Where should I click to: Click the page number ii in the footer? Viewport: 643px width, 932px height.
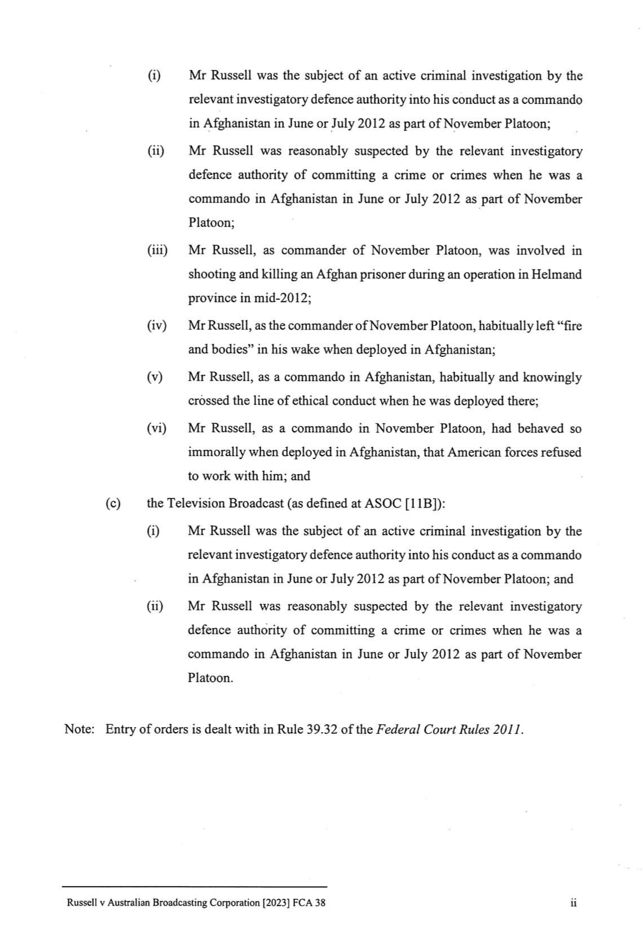tap(573, 903)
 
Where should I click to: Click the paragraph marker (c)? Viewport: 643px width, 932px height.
tap(113, 503)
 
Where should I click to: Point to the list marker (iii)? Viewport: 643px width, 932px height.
tap(158, 250)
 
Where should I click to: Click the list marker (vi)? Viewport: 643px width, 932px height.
tap(157, 428)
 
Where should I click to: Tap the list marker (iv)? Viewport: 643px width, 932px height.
tap(157, 326)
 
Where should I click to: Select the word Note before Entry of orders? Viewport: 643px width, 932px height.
tap(78, 729)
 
